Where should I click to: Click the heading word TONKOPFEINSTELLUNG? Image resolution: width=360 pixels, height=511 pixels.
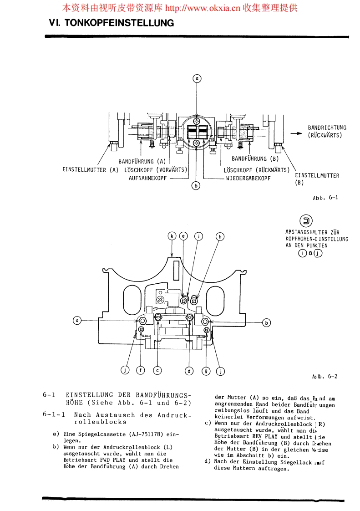[120, 23]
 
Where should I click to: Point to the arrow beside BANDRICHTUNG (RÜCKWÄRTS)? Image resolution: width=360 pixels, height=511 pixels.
[296, 133]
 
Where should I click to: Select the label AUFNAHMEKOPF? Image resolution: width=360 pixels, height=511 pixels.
[147, 179]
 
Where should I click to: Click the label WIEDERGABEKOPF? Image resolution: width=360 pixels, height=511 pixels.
[248, 178]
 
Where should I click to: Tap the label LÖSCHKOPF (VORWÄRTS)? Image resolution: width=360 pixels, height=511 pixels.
[157, 170]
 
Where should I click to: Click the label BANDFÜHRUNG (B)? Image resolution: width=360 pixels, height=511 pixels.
[255, 159]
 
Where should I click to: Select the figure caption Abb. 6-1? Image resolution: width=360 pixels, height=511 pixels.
[325, 197]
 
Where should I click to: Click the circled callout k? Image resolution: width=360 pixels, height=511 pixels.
[172, 236]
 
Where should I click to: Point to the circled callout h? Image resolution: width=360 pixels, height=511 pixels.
[220, 236]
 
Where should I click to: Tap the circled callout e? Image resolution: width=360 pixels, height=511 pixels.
[183, 236]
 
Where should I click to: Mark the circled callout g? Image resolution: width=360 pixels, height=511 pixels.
[206, 371]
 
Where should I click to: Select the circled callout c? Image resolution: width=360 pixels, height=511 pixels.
[157, 370]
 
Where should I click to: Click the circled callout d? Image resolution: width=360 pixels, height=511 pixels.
[189, 371]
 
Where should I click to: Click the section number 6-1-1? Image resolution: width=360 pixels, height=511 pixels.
[55, 415]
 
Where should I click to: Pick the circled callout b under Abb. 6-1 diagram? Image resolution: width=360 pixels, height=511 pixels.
[196, 186]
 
